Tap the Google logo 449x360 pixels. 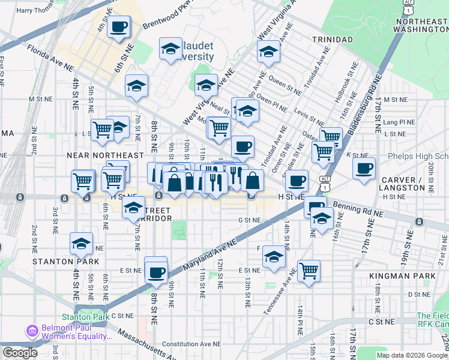(20, 353)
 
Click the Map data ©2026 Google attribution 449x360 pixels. (412, 355)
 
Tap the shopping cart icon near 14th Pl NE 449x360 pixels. (309, 270)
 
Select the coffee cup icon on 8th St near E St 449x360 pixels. (156, 272)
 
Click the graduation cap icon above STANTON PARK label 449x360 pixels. (81, 244)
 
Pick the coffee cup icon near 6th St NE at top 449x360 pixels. (119, 26)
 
